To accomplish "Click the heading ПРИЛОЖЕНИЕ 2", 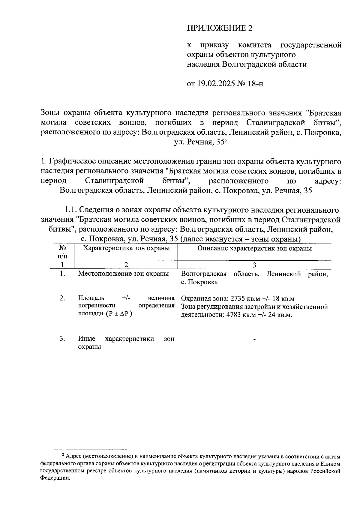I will point(220,28).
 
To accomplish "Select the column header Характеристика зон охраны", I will point(126,248).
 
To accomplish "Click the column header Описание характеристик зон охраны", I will point(254,248).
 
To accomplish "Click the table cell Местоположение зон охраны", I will point(123,274).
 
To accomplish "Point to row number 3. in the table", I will point(62,339).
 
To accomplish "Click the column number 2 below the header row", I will point(126,265).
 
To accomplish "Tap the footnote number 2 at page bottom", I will point(63,455).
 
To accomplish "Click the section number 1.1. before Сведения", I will point(71,210).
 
